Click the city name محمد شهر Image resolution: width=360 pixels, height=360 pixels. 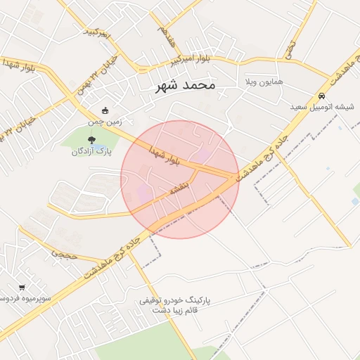click(x=186, y=86)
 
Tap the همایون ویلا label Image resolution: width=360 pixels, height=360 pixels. click(x=263, y=82)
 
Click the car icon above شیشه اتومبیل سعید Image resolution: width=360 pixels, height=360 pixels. click(x=322, y=96)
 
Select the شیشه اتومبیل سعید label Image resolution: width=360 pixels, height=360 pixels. click(x=322, y=107)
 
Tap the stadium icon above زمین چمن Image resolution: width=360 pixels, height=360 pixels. click(x=105, y=110)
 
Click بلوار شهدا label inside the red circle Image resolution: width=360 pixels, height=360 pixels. click(x=165, y=156)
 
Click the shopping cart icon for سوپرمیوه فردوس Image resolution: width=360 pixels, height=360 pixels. click(x=22, y=288)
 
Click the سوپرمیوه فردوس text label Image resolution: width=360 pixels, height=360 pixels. click(x=25, y=299)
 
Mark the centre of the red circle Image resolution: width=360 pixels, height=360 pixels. click(x=180, y=179)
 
